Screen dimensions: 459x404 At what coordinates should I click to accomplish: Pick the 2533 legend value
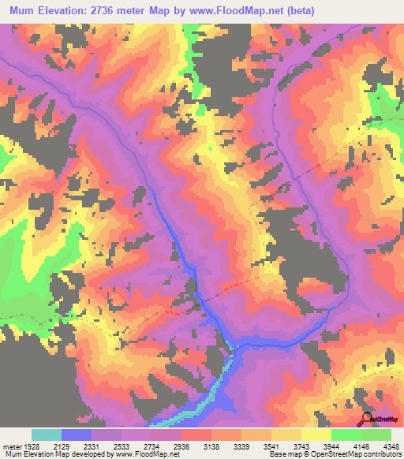139,446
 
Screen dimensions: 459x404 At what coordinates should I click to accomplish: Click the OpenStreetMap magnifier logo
366,420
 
